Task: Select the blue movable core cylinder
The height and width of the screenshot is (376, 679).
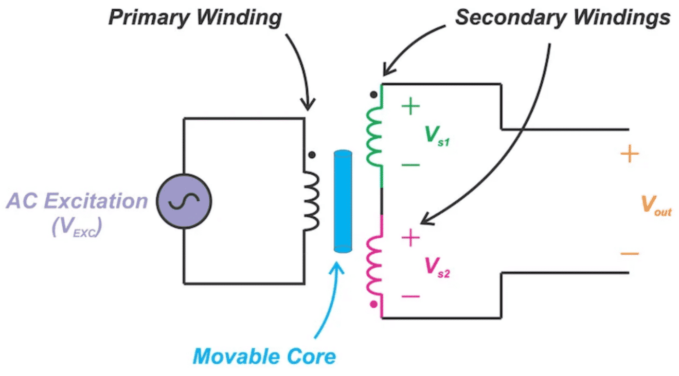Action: (342, 201)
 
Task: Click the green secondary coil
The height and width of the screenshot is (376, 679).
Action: (374, 135)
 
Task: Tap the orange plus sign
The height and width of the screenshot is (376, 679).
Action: (630, 154)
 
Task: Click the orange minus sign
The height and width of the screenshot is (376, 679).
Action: (630, 253)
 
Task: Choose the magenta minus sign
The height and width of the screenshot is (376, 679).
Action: (410, 296)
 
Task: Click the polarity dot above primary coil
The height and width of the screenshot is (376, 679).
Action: (311, 154)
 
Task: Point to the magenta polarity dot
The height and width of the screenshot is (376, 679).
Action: (374, 304)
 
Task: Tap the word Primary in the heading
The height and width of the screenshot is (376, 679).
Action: (140, 18)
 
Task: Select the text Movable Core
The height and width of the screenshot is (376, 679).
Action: (264, 356)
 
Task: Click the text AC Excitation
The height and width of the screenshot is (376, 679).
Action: (77, 201)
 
